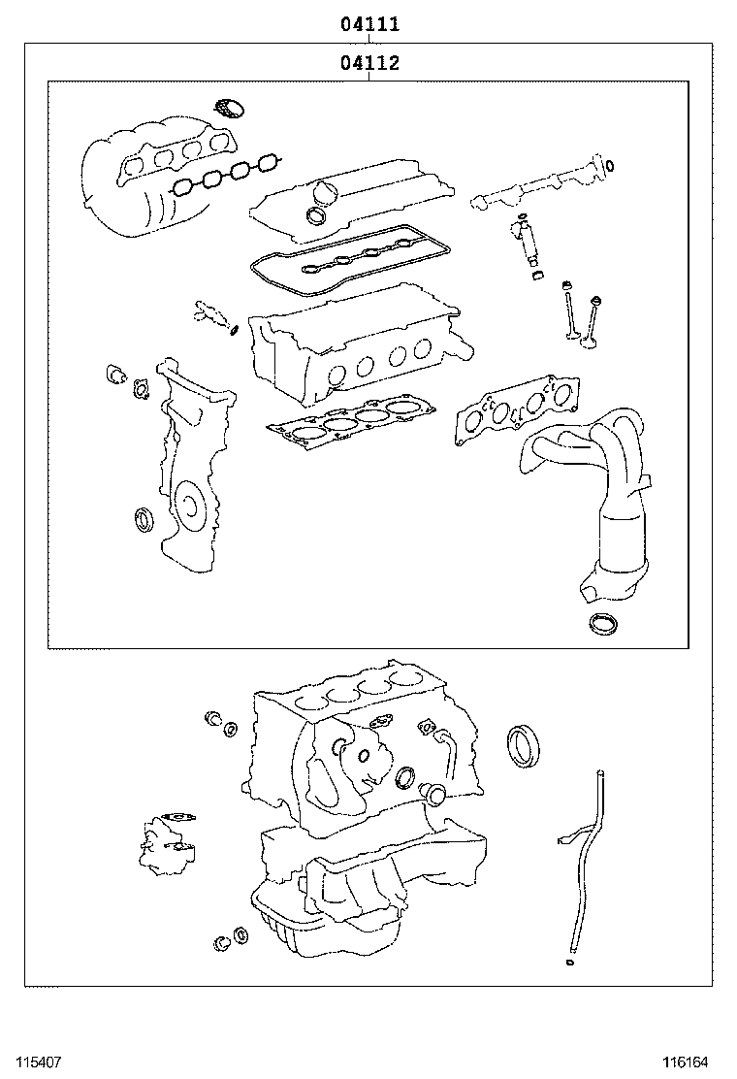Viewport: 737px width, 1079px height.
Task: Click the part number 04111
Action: (369, 24)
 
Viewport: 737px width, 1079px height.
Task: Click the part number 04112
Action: (369, 63)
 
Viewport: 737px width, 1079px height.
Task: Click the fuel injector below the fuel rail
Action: (529, 244)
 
